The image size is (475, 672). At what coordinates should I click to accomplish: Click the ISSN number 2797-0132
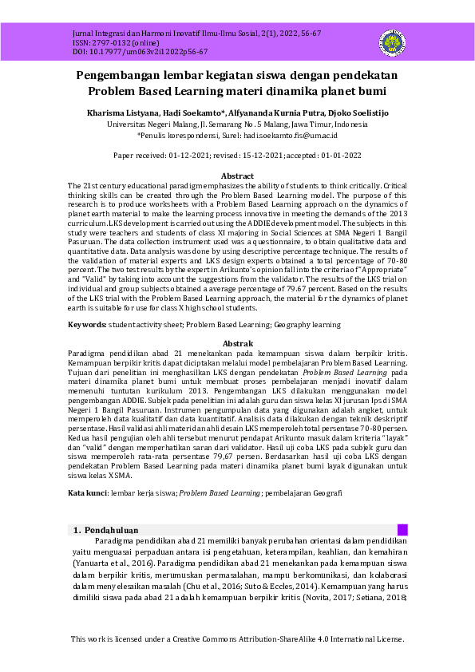(x=91, y=42)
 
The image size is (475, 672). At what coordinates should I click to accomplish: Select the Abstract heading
(x=237, y=176)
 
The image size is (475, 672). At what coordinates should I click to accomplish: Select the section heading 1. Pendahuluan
(x=106, y=530)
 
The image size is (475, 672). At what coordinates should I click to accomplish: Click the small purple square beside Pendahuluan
(x=402, y=530)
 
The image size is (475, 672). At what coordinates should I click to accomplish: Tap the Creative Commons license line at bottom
(x=237, y=639)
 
